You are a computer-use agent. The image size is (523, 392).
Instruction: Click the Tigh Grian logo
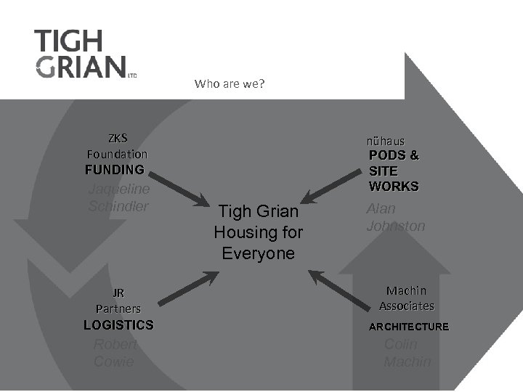pyautogui.click(x=81, y=54)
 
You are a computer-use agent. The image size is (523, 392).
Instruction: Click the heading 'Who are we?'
pyautogui.click(x=230, y=83)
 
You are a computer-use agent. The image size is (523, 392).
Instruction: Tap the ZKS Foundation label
pyautogui.click(x=117, y=146)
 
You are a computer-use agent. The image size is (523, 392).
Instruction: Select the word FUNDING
pyautogui.click(x=114, y=170)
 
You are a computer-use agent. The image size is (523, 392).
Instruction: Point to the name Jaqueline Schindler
pyautogui.click(x=118, y=197)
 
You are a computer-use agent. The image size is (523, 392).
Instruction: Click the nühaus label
pyautogui.click(x=386, y=140)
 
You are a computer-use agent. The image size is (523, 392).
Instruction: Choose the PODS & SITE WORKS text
pyautogui.click(x=394, y=171)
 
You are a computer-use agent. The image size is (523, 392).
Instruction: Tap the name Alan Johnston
pyautogui.click(x=396, y=217)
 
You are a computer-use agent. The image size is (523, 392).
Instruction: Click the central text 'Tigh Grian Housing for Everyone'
pyautogui.click(x=259, y=232)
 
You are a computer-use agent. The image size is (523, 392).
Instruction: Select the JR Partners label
pyautogui.click(x=118, y=301)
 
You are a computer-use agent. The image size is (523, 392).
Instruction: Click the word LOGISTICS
pyautogui.click(x=118, y=324)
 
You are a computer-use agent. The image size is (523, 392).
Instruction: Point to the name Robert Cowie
pyautogui.click(x=115, y=353)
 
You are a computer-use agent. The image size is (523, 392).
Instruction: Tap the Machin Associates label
pyautogui.click(x=407, y=298)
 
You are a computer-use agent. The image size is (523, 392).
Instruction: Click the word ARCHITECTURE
pyautogui.click(x=408, y=327)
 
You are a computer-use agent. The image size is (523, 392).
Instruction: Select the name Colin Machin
pyautogui.click(x=407, y=353)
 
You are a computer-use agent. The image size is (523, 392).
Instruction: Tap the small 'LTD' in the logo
pyautogui.click(x=132, y=74)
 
